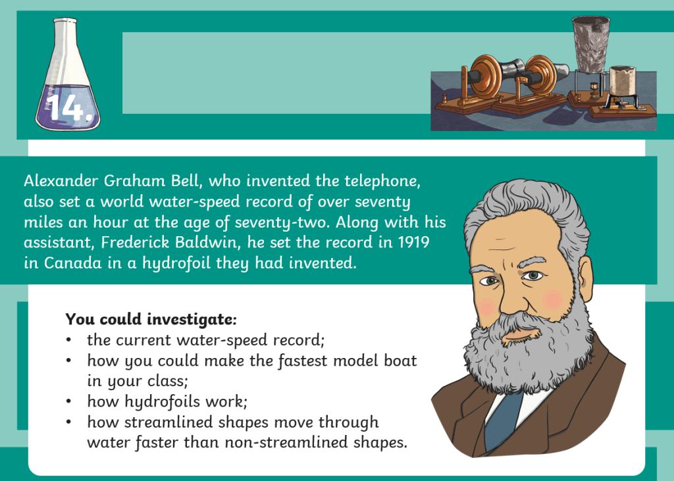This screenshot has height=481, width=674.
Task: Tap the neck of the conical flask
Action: pos(65,43)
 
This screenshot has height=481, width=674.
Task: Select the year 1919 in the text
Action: pos(413,242)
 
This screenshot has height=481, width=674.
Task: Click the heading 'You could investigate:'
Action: pos(151,319)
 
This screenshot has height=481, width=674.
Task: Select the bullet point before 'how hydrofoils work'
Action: pos(68,401)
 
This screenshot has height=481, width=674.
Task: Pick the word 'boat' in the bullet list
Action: pos(401,360)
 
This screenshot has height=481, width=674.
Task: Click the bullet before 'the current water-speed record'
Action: pos(68,340)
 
